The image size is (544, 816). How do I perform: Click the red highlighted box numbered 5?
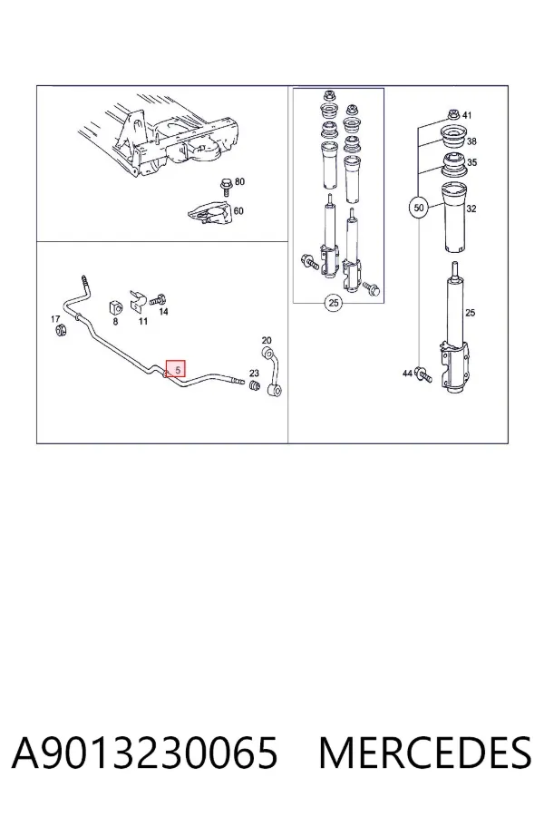[x=175, y=369]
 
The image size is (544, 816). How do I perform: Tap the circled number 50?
[x=419, y=209]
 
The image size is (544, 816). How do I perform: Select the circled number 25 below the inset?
[x=333, y=303]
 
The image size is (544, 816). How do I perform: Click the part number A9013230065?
[x=144, y=753]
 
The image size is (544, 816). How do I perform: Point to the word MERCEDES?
[x=425, y=753]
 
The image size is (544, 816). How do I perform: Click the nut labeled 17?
[x=61, y=329]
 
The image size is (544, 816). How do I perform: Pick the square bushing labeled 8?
[x=115, y=307]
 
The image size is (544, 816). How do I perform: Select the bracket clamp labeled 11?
[x=137, y=301]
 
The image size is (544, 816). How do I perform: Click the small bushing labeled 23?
[x=254, y=386]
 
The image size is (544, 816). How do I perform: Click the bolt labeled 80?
[x=227, y=186]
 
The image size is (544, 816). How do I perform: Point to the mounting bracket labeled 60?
[x=209, y=213]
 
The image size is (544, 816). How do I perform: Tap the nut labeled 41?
[x=452, y=115]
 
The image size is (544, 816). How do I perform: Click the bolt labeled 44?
[x=424, y=374]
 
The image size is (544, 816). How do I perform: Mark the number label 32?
[x=471, y=209]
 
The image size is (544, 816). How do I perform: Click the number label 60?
[x=238, y=210]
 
